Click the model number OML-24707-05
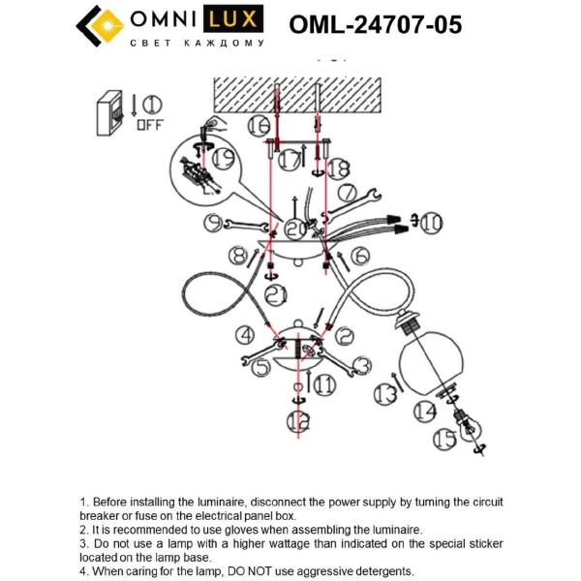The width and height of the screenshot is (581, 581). click(375, 24)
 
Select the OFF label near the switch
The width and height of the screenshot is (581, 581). click(150, 124)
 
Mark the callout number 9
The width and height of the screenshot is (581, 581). click(214, 224)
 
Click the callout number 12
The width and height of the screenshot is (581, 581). click(296, 421)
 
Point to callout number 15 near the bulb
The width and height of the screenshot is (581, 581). click(444, 440)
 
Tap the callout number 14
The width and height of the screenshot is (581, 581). click(423, 411)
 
